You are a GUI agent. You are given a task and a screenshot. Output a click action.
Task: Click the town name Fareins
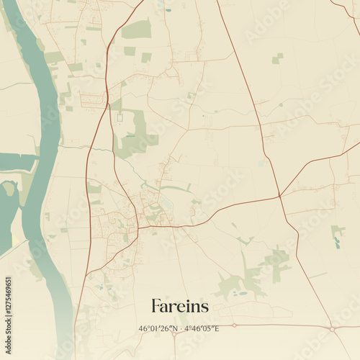point(180,306)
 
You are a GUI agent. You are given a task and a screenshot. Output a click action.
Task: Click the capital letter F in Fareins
point(156,306)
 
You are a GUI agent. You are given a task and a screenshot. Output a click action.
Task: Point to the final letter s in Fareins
point(205,307)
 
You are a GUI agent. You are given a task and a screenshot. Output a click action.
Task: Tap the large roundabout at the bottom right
point(332,329)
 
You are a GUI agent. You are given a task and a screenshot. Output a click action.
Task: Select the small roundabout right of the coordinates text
point(233,325)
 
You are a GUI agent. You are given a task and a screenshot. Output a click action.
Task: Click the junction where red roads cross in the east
point(279,196)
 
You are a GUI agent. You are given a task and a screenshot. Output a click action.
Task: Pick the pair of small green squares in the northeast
point(277,58)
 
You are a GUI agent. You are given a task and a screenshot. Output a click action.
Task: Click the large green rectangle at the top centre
point(136,30)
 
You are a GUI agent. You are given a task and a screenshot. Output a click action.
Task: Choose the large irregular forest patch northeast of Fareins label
point(248,277)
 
